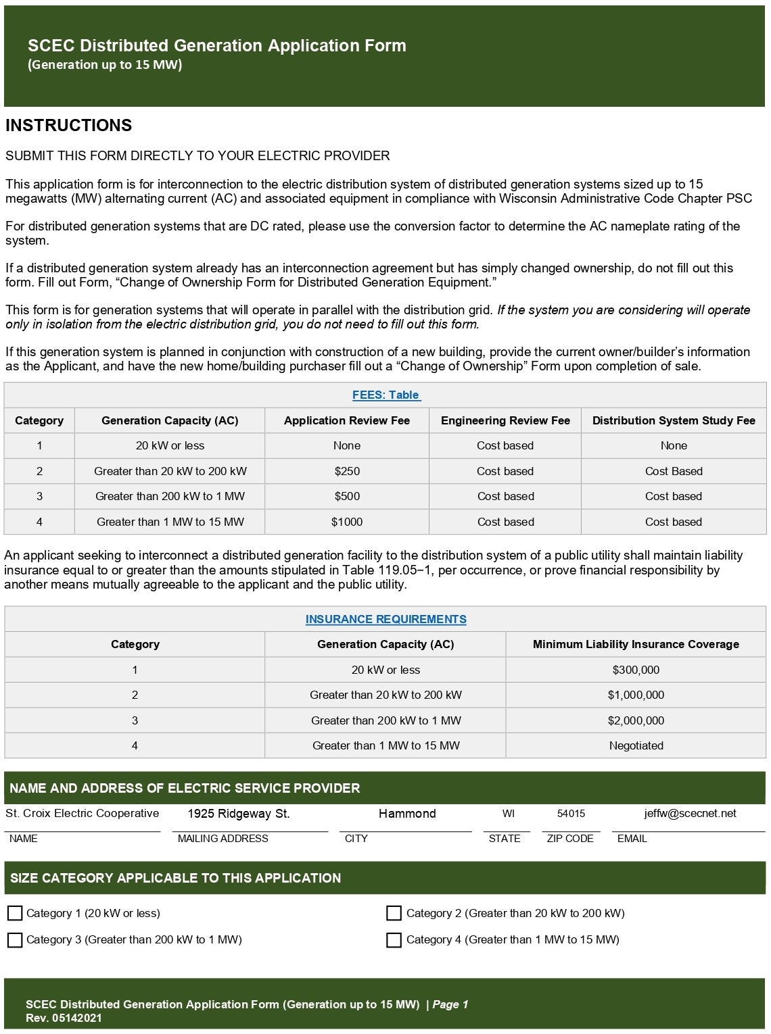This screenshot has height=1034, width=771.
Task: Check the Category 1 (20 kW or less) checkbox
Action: [x=15, y=914]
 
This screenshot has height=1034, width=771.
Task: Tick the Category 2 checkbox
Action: [x=394, y=914]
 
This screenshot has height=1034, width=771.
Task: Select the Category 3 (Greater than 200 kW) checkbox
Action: [x=15, y=940]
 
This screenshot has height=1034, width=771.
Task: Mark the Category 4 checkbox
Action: [x=394, y=940]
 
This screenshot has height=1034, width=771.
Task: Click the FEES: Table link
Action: [x=385, y=395]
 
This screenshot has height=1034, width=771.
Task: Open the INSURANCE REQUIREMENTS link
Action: [x=385, y=620]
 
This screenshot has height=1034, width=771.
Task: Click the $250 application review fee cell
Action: [x=347, y=472]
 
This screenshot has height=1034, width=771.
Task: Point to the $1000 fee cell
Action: [x=347, y=522]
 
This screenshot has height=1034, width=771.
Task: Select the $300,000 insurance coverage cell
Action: [x=636, y=670]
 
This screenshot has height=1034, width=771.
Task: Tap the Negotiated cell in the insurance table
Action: [x=636, y=746]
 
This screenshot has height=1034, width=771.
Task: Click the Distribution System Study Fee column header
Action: [x=674, y=421]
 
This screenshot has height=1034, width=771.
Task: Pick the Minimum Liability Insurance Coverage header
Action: [x=636, y=645]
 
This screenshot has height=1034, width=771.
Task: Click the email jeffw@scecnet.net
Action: [x=690, y=814]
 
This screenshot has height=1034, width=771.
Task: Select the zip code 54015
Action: [x=571, y=814]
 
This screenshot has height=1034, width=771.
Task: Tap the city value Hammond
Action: [x=407, y=814]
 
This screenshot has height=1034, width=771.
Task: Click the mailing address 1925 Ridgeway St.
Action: [x=239, y=814]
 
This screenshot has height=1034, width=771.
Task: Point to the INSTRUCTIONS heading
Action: [x=69, y=126]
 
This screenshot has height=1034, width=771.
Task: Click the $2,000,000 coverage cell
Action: [x=636, y=721]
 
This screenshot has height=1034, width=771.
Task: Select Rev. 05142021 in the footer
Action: [x=64, y=1018]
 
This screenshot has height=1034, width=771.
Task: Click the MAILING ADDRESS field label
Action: [x=223, y=839]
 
